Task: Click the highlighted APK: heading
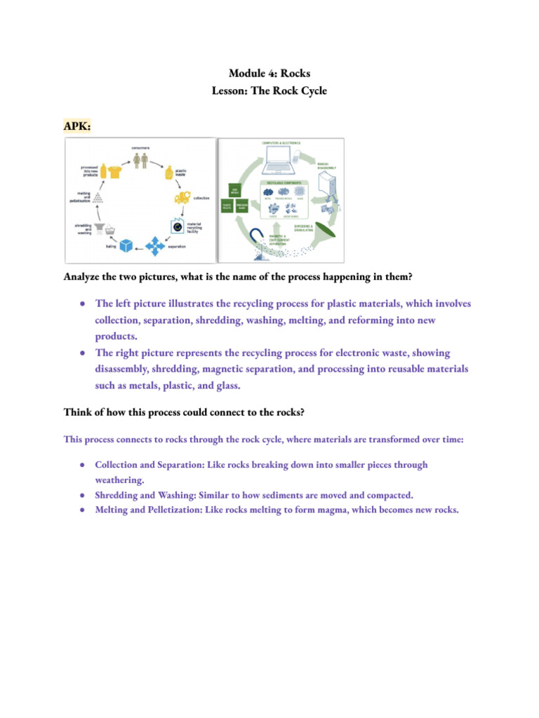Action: pyautogui.click(x=77, y=126)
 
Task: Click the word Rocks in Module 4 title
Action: pyautogui.click(x=295, y=73)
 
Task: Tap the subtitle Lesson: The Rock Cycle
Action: pyautogui.click(x=269, y=91)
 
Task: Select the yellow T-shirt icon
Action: pyautogui.click(x=115, y=172)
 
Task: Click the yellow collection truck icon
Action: pyautogui.click(x=182, y=198)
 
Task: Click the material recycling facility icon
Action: pyautogui.click(x=175, y=226)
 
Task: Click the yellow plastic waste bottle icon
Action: pyautogui.click(x=168, y=173)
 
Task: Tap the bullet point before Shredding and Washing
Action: pyautogui.click(x=82, y=495)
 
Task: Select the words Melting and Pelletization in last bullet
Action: pyautogui.click(x=148, y=510)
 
